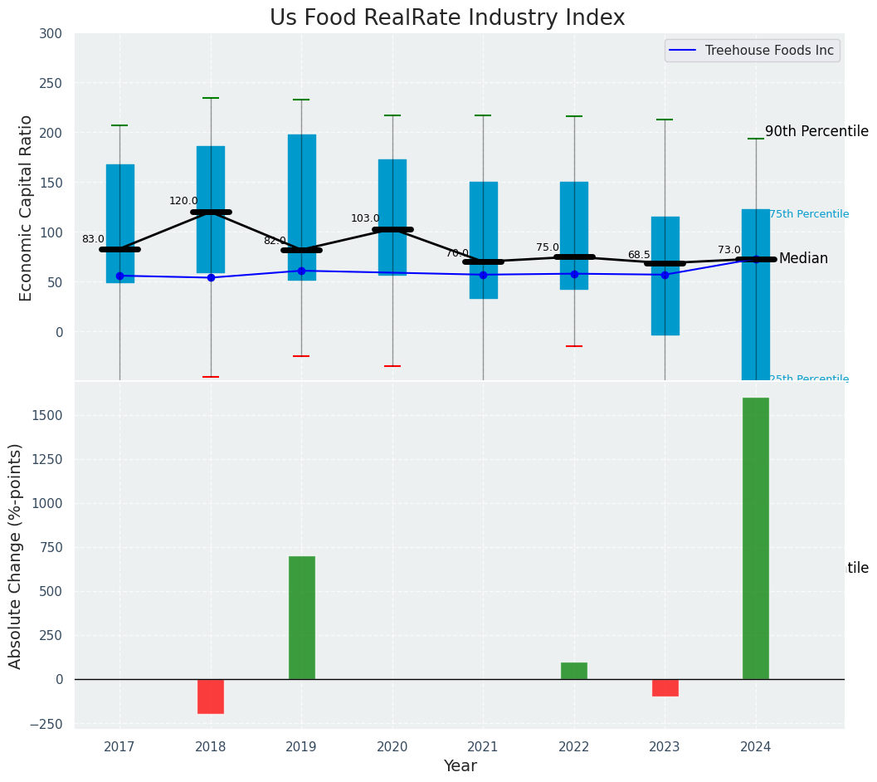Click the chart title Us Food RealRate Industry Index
(x=446, y=17)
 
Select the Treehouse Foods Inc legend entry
(x=768, y=51)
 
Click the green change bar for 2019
(x=301, y=618)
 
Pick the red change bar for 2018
(x=211, y=696)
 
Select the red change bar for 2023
(x=665, y=687)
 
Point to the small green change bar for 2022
(x=574, y=671)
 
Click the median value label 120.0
(x=183, y=201)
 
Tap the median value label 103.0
(x=365, y=218)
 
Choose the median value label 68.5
(x=639, y=255)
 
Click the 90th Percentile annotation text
(x=816, y=131)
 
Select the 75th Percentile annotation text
(x=808, y=214)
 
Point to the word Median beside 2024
(x=803, y=259)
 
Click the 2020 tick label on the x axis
(x=392, y=747)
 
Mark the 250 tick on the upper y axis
(x=50, y=83)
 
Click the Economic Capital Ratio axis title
(x=27, y=208)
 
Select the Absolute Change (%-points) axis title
(x=16, y=555)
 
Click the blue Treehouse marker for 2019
(x=301, y=271)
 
